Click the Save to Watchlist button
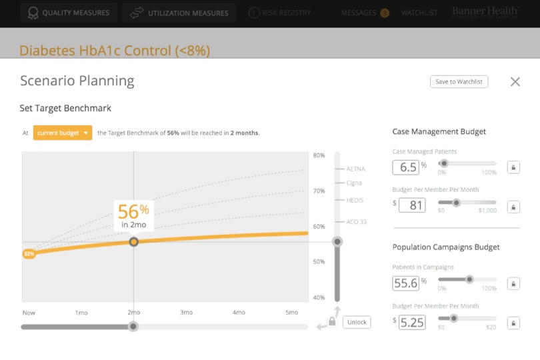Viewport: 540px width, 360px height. pyautogui.click(x=459, y=81)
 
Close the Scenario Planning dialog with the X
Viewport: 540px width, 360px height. pyautogui.click(x=515, y=81)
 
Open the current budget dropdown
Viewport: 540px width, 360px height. pyautogui.click(x=63, y=133)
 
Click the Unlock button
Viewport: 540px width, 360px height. pyautogui.click(x=357, y=322)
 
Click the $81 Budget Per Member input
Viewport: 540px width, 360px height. pyautogui.click(x=412, y=205)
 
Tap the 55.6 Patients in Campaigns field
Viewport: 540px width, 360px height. pyautogui.click(x=406, y=283)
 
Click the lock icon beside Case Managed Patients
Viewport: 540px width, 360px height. pyautogui.click(x=513, y=167)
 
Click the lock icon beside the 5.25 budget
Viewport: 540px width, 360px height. pyautogui.click(x=513, y=323)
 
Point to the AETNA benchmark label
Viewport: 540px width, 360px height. pyautogui.click(x=355, y=169)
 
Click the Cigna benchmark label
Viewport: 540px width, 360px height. pyautogui.click(x=354, y=183)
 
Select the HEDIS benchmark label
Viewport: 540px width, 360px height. pyautogui.click(x=355, y=200)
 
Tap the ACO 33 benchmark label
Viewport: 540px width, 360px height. pyautogui.click(x=357, y=221)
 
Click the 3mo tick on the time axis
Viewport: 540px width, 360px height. pyautogui.click(x=186, y=312)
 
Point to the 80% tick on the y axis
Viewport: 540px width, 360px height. pyautogui.click(x=319, y=156)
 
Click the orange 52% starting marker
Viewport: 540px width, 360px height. pyautogui.click(x=29, y=254)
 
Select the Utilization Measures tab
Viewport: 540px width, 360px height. pyautogui.click(x=179, y=13)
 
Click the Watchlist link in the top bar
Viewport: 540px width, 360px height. pyautogui.click(x=419, y=13)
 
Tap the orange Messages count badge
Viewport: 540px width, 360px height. pyautogui.click(x=385, y=13)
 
